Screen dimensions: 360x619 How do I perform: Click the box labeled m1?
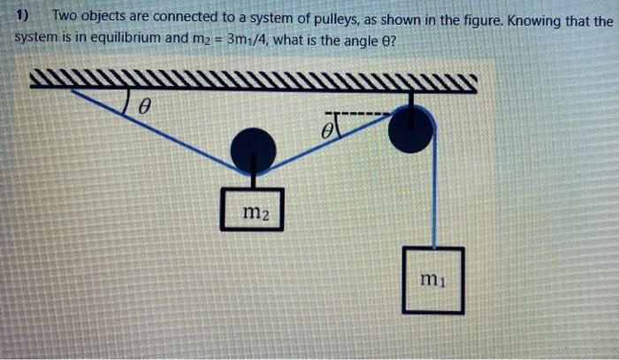[432, 280]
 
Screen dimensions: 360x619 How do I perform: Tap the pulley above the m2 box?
[252, 149]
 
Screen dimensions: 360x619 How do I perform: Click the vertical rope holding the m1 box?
[432, 195]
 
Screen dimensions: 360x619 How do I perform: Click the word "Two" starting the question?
[66, 17]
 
